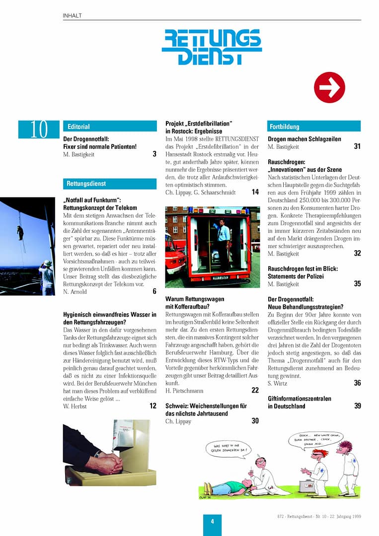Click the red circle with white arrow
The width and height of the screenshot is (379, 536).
(329, 87)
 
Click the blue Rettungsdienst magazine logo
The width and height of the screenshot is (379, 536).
(212, 47)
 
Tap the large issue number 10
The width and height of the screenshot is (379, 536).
(39, 130)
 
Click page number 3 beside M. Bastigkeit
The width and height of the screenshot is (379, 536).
(154, 154)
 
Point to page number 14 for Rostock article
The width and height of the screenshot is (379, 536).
(255, 192)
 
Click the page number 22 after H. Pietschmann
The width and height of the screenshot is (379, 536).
(255, 391)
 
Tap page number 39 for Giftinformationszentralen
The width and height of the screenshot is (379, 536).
(358, 406)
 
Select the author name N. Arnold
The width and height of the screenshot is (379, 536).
(76, 292)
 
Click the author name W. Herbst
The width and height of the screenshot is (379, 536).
(76, 406)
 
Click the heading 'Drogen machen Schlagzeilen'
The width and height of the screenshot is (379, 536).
(304, 139)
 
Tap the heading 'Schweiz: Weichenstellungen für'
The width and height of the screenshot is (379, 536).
(206, 406)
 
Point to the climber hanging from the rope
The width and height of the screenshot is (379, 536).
(20, 232)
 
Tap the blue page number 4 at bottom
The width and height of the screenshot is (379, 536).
(212, 521)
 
